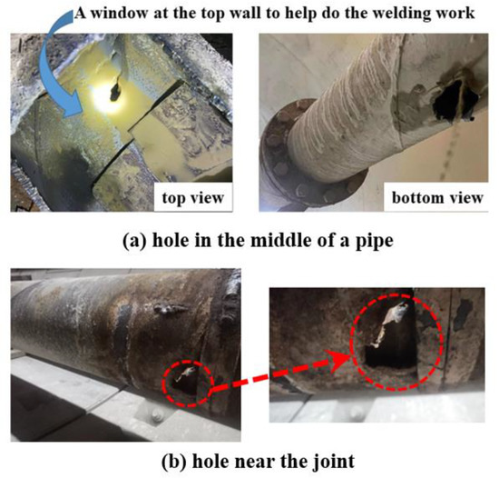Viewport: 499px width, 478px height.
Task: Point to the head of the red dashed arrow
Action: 350,347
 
